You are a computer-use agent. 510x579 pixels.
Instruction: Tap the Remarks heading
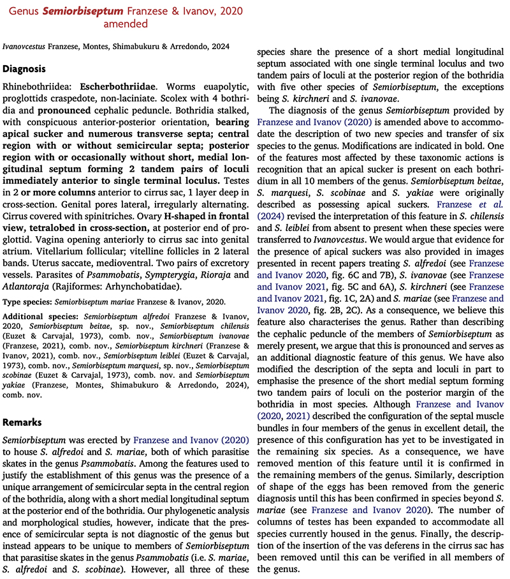pyautogui.click(x=24, y=423)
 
